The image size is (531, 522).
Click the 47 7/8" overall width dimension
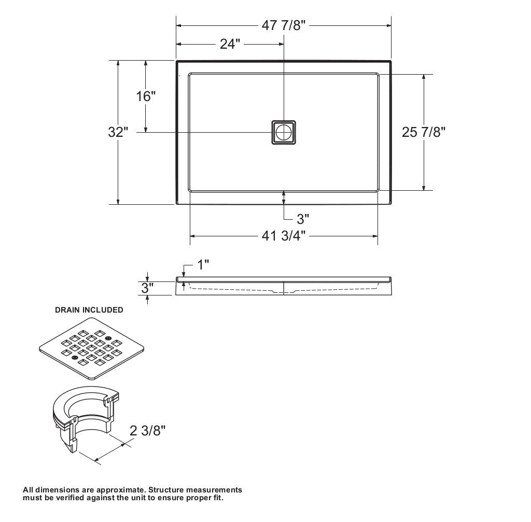(x=284, y=26)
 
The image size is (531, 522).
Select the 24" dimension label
(x=230, y=44)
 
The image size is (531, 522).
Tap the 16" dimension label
(x=146, y=96)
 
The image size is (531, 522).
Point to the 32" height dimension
(x=118, y=132)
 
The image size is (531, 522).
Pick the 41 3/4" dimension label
(x=284, y=236)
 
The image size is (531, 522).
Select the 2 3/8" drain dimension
(x=147, y=430)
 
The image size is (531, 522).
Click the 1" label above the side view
(x=203, y=265)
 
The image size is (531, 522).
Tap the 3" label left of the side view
(x=147, y=288)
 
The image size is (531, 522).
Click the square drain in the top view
(x=284, y=132)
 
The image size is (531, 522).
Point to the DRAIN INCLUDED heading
(x=89, y=310)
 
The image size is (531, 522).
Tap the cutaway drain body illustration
(x=86, y=420)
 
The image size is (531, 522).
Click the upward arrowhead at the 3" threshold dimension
(x=284, y=193)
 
